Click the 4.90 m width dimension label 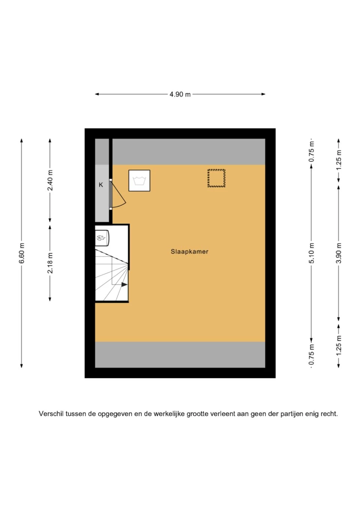(180, 94)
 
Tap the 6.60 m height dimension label (22, 253)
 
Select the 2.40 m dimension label (50, 180)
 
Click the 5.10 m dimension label (312, 253)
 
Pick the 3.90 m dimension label (339, 253)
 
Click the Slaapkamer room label (189, 252)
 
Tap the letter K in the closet (101, 185)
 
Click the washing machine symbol (139, 180)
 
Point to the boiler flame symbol (101, 238)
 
